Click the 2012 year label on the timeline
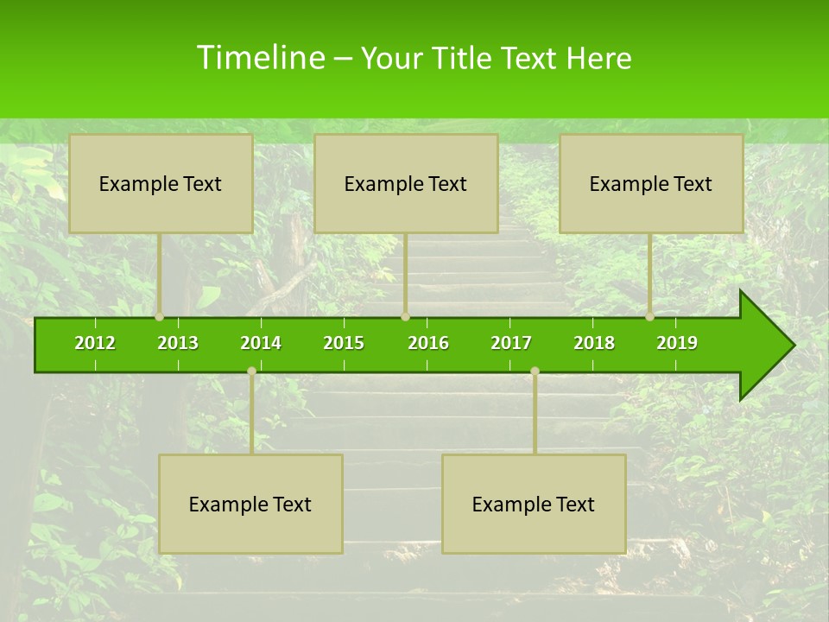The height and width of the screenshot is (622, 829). point(95,343)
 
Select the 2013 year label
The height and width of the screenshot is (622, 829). point(178,343)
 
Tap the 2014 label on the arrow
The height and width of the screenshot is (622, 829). point(261,343)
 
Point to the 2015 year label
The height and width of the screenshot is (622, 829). point(344,343)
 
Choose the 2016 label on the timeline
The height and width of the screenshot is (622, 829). point(428,343)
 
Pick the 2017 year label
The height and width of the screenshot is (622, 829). point(511,343)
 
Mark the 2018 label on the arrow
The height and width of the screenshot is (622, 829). point(594,343)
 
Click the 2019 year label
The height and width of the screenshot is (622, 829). point(677,343)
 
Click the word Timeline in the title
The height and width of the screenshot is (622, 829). point(259,58)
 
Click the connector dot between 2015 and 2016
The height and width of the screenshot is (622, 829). point(405,317)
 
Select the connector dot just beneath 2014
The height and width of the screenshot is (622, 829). point(251,371)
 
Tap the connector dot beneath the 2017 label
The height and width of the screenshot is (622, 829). point(535,371)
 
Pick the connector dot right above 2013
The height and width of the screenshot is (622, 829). point(160,317)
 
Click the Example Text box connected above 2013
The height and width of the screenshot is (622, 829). point(161,183)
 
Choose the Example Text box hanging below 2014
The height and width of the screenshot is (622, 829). point(250,504)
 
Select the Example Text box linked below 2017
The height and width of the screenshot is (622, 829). point(534,504)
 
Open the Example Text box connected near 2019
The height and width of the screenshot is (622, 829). point(651,183)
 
